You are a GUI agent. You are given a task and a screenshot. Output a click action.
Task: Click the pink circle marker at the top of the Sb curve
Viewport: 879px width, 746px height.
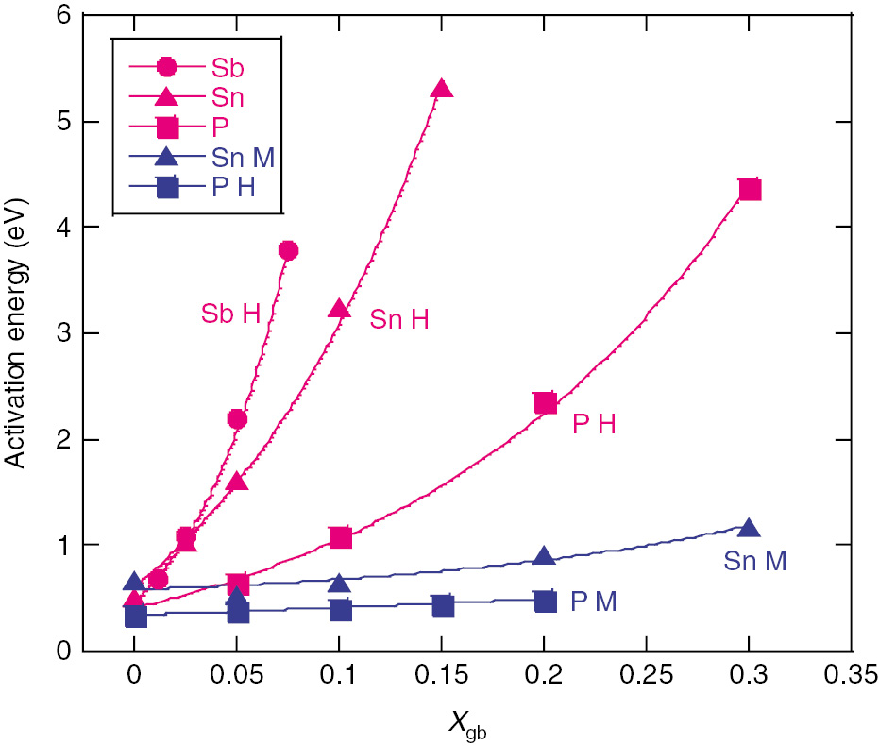[x=288, y=250]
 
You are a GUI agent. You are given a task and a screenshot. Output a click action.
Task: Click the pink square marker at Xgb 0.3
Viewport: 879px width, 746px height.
[x=749, y=189]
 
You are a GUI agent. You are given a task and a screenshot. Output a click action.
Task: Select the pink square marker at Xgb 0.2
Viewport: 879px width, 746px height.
[x=545, y=403]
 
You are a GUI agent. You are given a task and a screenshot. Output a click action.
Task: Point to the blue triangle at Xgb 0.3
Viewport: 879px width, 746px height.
[x=749, y=530]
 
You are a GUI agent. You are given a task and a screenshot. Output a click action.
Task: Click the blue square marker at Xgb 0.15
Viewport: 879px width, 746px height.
[x=443, y=605]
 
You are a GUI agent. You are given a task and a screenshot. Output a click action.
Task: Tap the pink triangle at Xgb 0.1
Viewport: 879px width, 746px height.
[x=340, y=309]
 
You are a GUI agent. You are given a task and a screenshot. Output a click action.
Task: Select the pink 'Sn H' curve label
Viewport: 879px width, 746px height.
[x=398, y=320]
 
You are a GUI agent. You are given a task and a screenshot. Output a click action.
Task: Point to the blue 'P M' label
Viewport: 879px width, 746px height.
[x=593, y=602]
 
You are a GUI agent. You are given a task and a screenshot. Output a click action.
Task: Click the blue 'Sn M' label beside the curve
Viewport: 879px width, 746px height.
[x=755, y=561]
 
